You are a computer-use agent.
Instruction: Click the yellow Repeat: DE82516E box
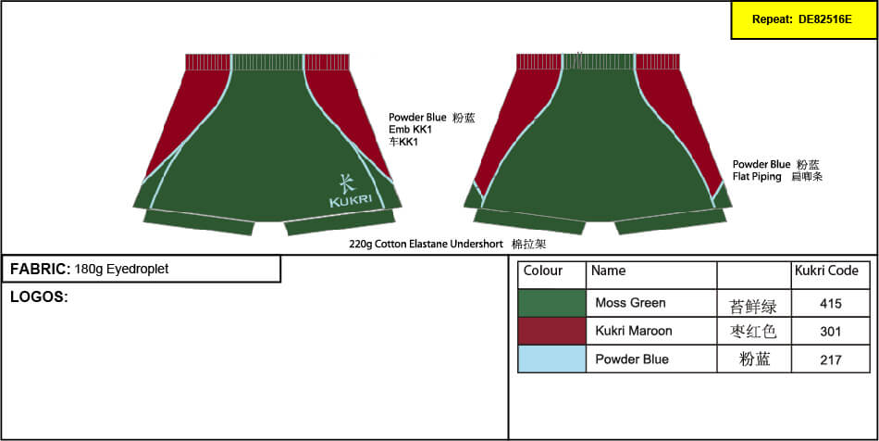804,20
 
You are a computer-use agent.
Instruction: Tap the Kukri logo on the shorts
351,192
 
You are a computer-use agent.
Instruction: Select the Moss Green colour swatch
552,303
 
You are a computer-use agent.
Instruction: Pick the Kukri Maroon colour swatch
552,331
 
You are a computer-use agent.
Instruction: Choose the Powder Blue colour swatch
552,359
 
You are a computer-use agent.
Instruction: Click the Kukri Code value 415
830,304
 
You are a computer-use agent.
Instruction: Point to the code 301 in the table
830,332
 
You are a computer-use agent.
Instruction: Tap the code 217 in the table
830,359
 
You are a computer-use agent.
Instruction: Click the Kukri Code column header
826,271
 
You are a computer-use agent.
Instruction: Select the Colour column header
542,271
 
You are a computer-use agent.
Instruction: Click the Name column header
608,271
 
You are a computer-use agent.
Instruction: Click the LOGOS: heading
39,297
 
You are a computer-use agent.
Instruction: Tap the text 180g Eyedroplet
121,270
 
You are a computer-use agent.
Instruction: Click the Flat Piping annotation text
757,177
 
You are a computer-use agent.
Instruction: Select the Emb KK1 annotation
407,130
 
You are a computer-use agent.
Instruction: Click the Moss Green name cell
631,303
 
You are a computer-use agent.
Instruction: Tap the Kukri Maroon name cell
634,331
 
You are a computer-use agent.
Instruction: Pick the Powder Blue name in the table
632,359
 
